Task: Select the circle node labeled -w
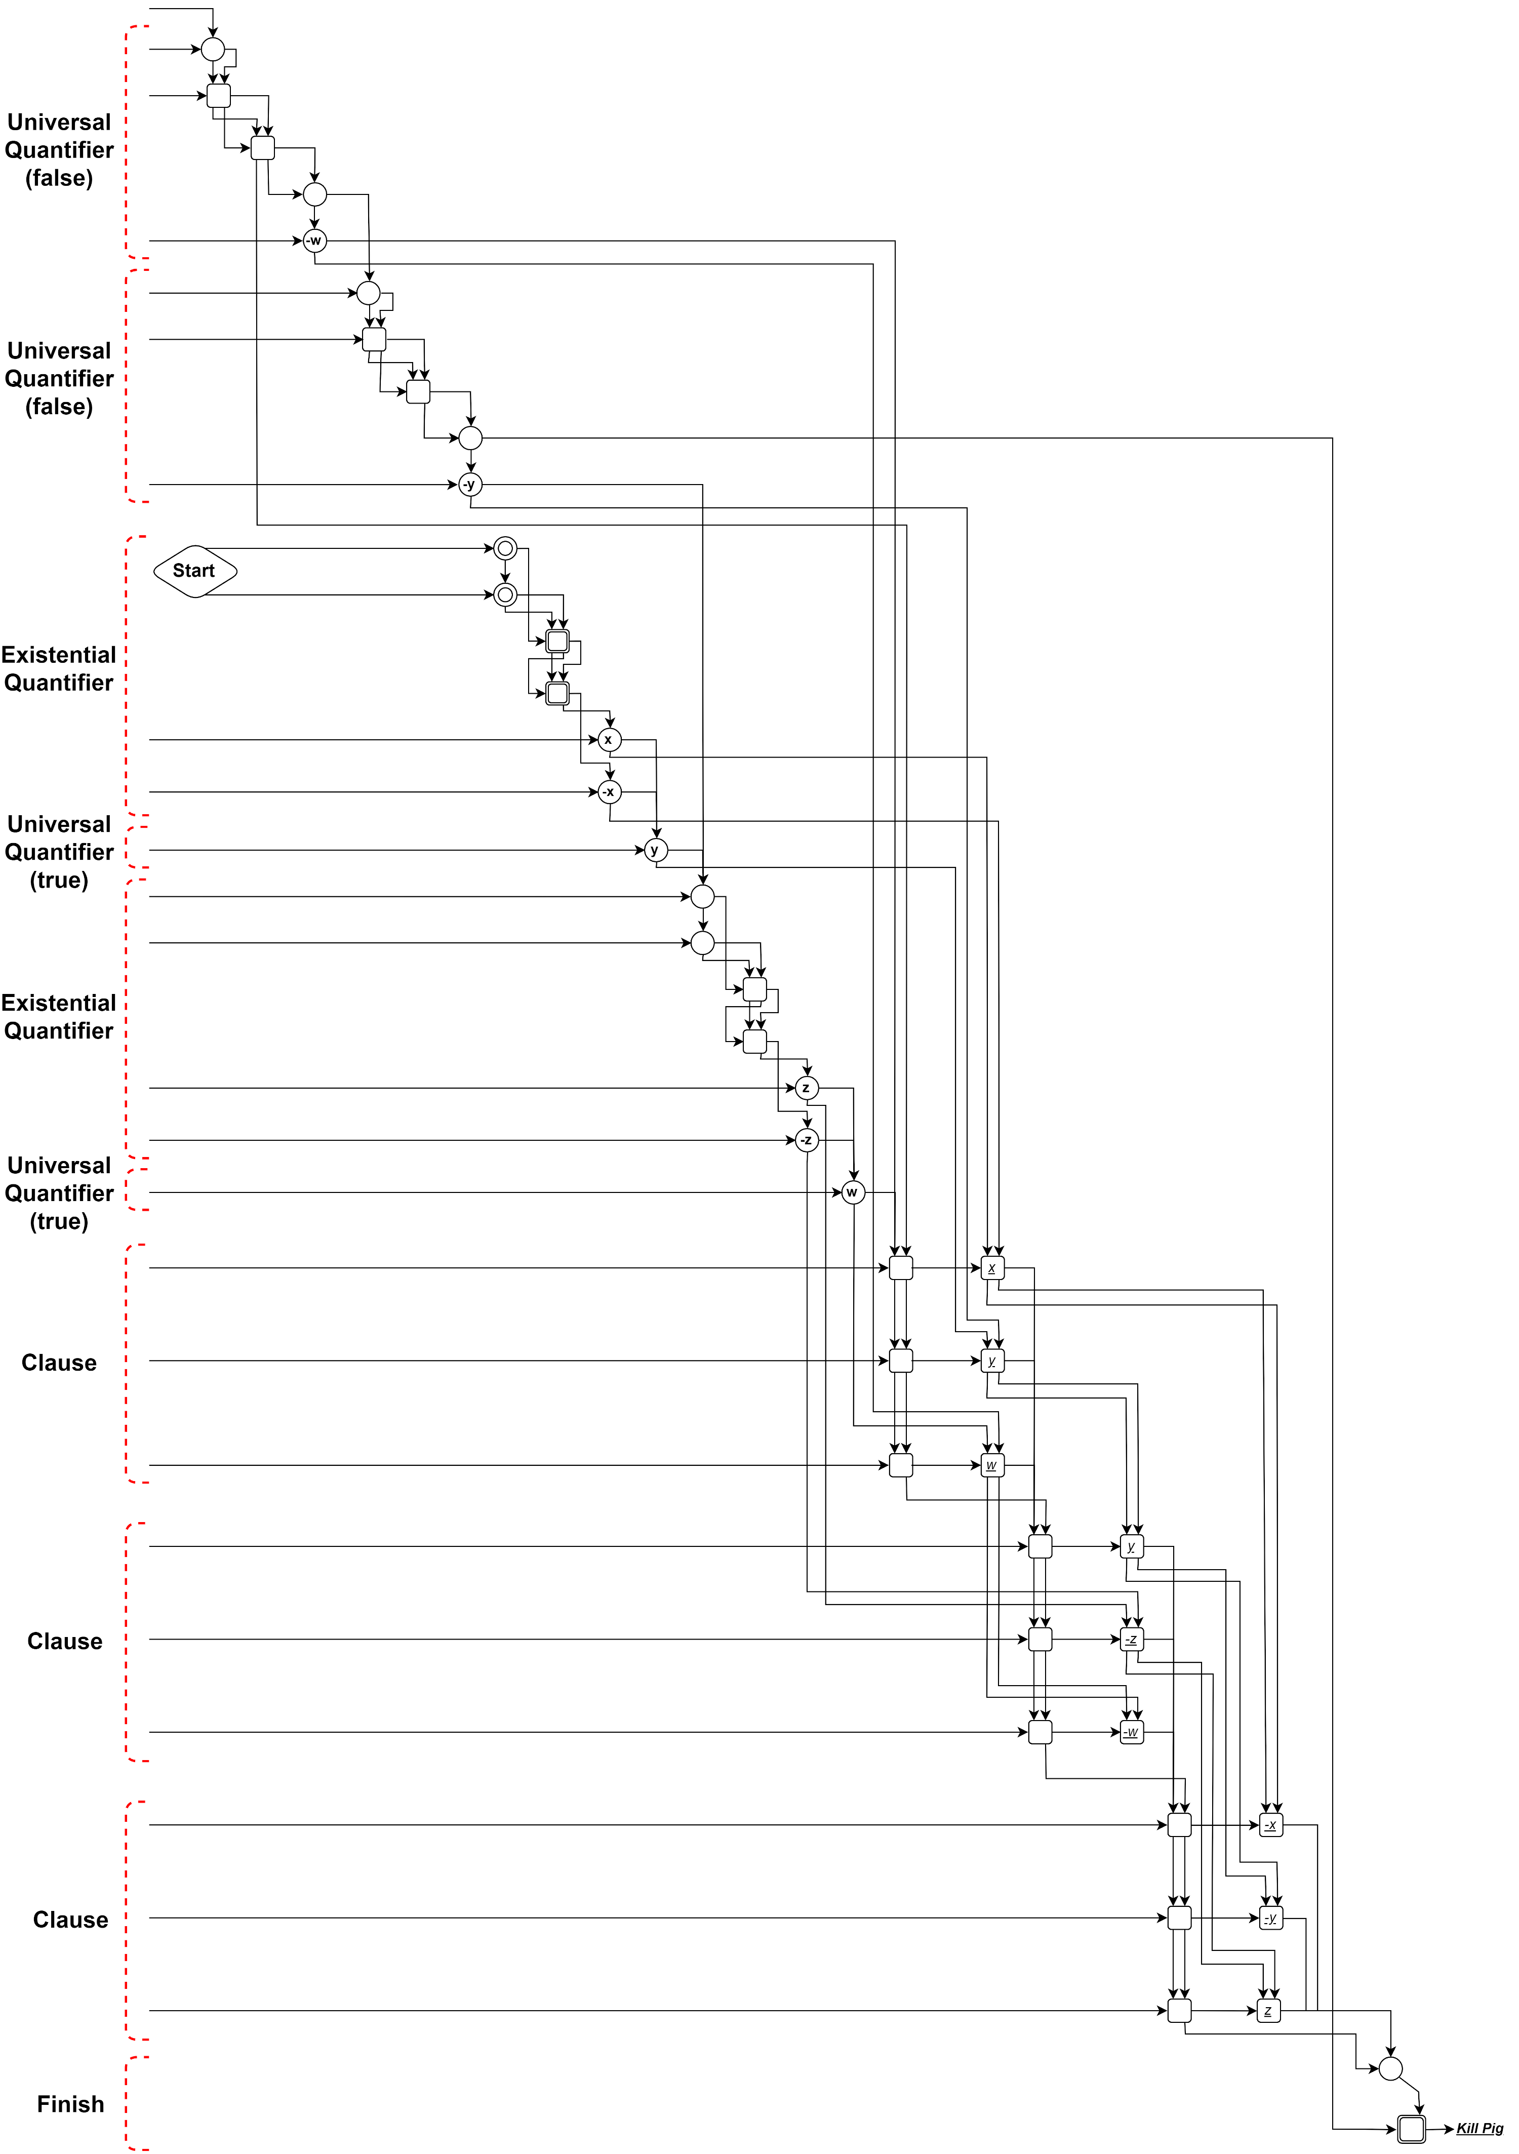click(314, 241)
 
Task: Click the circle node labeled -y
click(470, 485)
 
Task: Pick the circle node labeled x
click(609, 740)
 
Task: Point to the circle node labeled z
click(806, 1088)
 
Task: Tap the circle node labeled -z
click(806, 1141)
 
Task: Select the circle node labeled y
click(655, 850)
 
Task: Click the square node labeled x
click(992, 1268)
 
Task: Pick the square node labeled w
click(992, 1465)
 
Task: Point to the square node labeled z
click(1268, 2011)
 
